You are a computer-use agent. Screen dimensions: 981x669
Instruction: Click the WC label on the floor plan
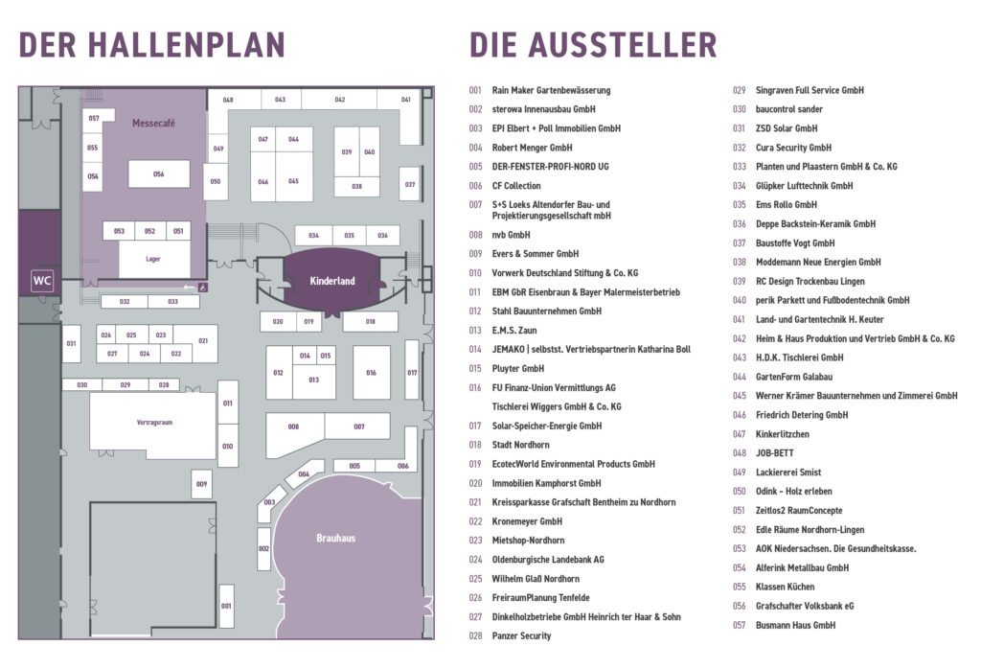[42, 281]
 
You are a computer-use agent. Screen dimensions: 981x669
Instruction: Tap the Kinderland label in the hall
[332, 281]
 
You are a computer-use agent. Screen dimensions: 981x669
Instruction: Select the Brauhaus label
[336, 539]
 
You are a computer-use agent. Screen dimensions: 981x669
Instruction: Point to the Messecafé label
[153, 124]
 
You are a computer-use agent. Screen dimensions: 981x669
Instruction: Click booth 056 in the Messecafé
[159, 174]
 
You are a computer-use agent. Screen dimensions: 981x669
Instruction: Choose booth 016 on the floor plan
[371, 373]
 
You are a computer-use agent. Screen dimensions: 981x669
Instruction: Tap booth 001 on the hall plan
[226, 606]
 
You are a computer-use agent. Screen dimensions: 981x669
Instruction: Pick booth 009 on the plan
[201, 484]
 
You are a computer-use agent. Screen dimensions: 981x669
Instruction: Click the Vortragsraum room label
[154, 423]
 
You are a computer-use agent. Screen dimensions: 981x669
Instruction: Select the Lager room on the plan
[154, 259]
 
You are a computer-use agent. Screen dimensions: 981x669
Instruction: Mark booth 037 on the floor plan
[410, 184]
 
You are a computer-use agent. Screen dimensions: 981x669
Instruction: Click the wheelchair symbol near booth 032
[203, 288]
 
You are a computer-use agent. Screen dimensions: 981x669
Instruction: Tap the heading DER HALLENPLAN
[152, 45]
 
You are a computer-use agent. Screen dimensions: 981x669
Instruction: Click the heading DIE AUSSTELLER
[593, 45]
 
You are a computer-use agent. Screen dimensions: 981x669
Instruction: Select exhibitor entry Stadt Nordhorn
[520, 445]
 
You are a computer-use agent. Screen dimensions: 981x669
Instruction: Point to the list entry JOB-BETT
[774, 453]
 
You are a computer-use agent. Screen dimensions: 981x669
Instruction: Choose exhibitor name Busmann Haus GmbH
[795, 625]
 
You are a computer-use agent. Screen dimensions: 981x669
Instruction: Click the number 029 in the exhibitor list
[739, 90]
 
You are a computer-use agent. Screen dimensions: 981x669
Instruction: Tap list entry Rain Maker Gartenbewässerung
[551, 90]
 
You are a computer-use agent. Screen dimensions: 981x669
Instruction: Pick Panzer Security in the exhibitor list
[521, 635]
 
